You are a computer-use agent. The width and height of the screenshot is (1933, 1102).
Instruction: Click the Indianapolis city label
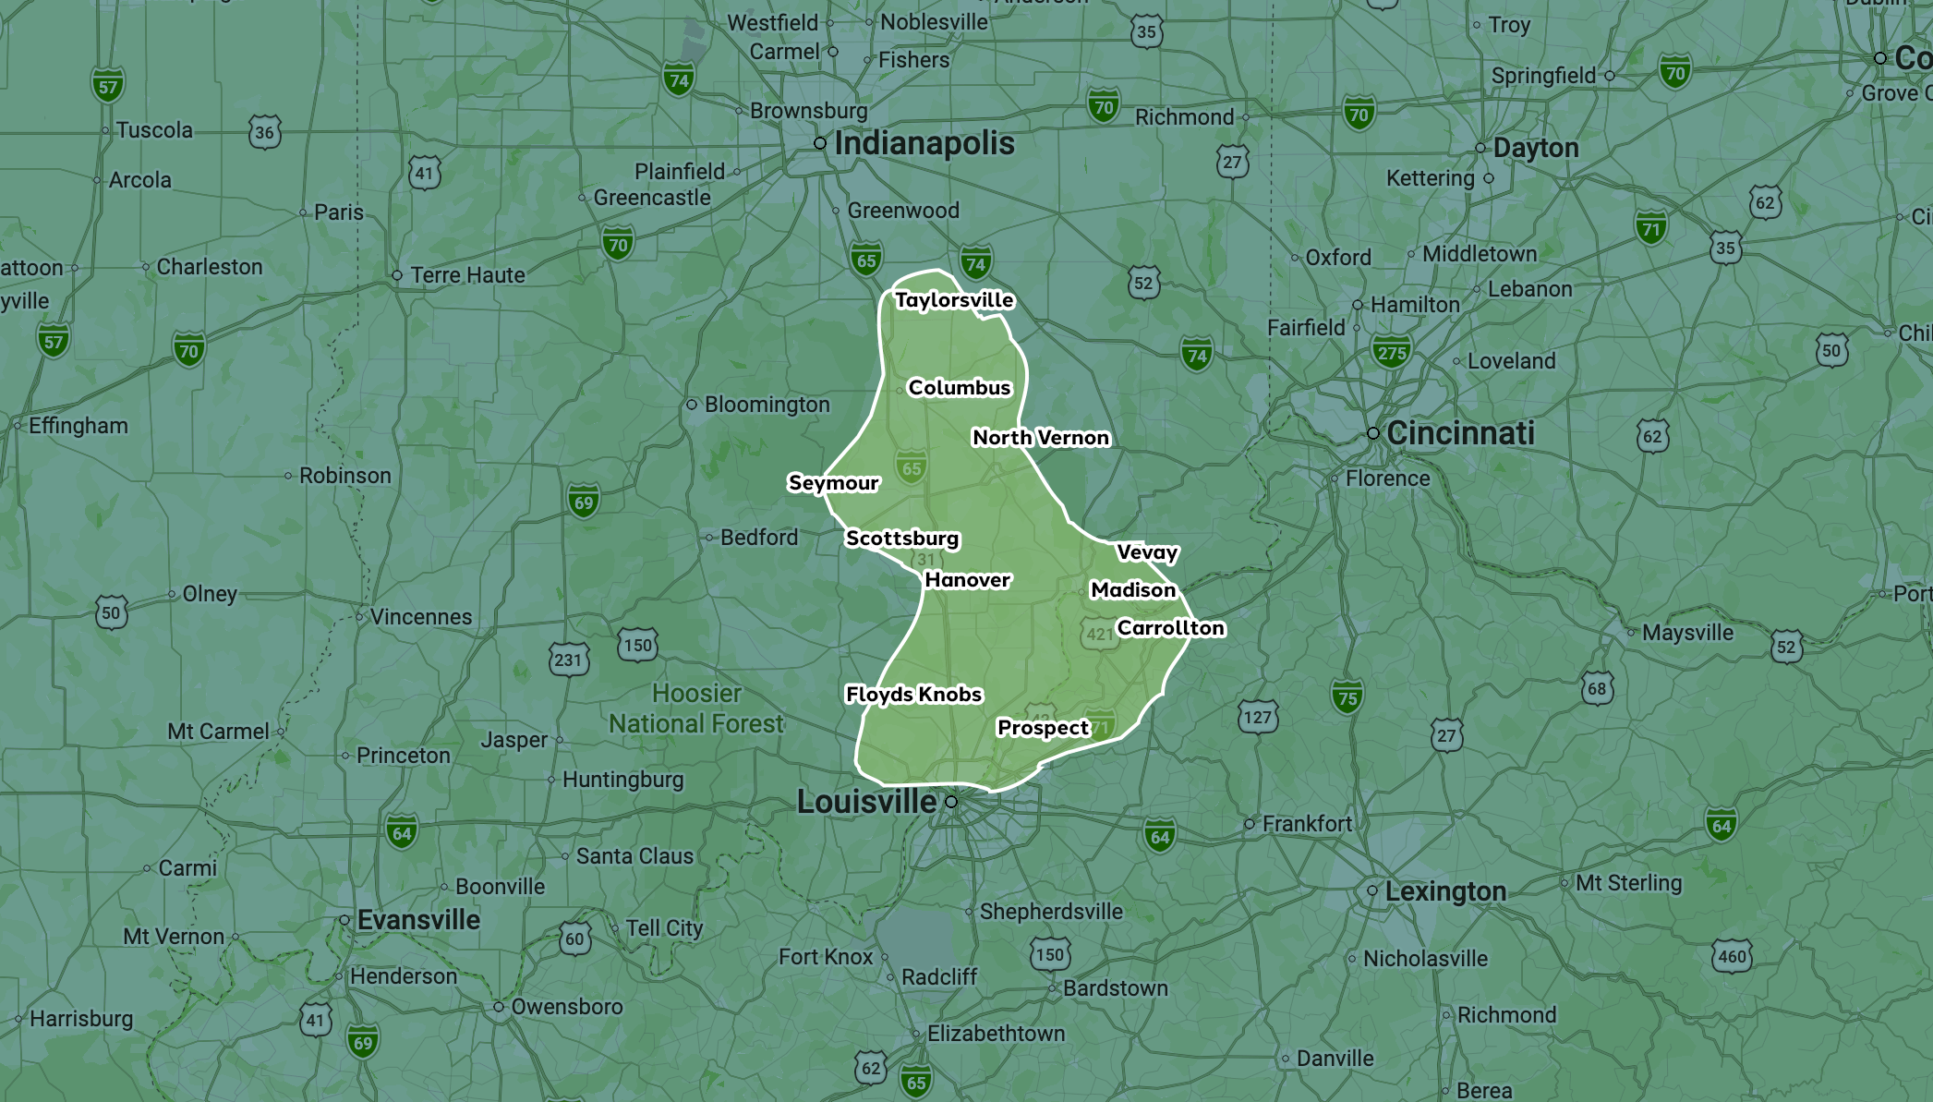(x=924, y=143)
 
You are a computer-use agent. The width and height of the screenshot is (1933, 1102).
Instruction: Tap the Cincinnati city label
(x=1460, y=432)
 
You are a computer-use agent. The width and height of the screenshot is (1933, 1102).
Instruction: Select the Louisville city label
(x=866, y=802)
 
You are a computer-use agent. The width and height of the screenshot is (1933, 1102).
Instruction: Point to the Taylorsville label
(x=954, y=300)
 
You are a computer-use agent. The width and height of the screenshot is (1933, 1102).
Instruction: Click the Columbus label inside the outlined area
(x=960, y=388)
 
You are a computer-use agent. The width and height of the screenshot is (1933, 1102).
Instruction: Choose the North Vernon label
(x=1041, y=438)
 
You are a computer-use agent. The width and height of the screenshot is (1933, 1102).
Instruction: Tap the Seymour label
(x=833, y=483)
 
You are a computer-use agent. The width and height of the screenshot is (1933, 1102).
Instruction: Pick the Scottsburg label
(x=902, y=539)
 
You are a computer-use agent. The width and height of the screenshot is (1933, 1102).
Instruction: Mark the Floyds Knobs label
(x=913, y=695)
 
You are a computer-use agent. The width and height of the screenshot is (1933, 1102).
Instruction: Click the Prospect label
(x=1043, y=728)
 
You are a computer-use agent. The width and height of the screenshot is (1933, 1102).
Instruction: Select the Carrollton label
(x=1170, y=628)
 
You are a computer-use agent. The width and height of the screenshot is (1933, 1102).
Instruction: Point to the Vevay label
(x=1147, y=552)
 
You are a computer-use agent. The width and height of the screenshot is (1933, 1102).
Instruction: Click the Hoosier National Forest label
(x=696, y=708)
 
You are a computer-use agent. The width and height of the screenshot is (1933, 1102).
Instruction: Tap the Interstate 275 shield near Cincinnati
(x=1392, y=352)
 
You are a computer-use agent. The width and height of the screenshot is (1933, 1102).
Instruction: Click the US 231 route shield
(x=568, y=660)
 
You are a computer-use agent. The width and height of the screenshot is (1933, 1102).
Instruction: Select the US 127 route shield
(x=1257, y=717)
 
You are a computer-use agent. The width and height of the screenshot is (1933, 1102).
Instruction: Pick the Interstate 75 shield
(x=1347, y=697)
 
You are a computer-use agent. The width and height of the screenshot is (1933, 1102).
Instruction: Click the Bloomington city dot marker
(x=692, y=405)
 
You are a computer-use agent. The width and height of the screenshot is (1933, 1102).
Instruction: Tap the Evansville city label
(x=418, y=920)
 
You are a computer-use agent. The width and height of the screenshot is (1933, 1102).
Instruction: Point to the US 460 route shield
(x=1732, y=956)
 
